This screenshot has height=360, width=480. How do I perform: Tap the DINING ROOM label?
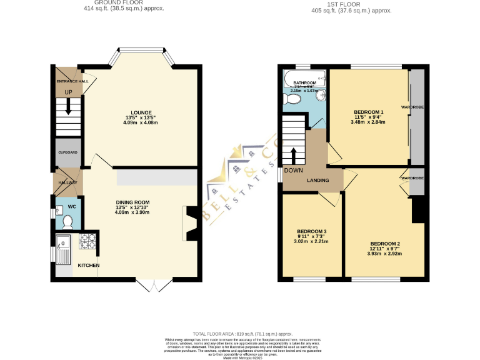[x=132, y=202]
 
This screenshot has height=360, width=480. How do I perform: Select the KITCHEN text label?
[x=88, y=266]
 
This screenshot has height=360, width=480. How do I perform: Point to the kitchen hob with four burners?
[x=88, y=241]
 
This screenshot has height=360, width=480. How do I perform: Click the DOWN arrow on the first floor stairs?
[x=294, y=154]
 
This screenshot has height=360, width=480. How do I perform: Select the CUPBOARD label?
[x=67, y=152]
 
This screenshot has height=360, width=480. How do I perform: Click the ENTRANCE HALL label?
[x=72, y=81]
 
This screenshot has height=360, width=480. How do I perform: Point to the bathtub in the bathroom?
[x=304, y=79]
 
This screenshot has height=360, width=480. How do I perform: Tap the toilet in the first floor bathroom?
[x=292, y=99]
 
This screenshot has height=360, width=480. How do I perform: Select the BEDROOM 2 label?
[x=384, y=243]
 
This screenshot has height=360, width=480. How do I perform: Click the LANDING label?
[x=317, y=181]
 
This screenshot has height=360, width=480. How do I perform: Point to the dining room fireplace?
[x=189, y=222]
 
